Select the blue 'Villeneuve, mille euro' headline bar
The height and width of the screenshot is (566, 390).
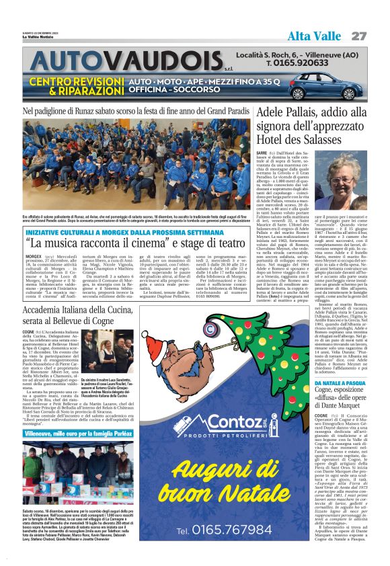pos(78,435)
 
